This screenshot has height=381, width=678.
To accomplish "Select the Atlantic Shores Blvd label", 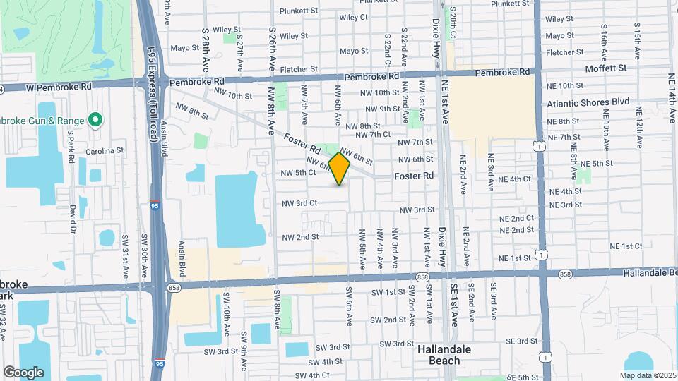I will click(x=588, y=102).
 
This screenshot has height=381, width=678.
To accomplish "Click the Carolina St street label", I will click(x=105, y=150).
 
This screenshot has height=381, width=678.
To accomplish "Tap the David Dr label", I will click(x=72, y=216).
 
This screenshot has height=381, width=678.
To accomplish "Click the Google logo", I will click(x=23, y=372).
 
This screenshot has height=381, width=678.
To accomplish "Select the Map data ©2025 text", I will click(x=647, y=375).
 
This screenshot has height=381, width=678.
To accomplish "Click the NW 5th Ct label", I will click(x=298, y=172).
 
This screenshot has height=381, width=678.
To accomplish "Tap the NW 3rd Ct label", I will click(x=299, y=203).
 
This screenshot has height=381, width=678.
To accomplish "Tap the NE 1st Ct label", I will click(x=626, y=246).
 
